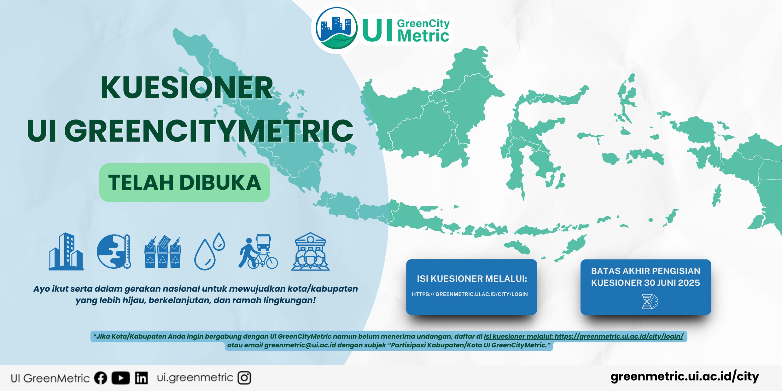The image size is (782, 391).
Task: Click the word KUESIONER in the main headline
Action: click(x=187, y=88)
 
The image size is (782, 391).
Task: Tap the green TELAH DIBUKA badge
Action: click(x=185, y=183)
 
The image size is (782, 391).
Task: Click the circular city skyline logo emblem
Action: click(x=337, y=28)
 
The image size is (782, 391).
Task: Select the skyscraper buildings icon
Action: click(x=66, y=252)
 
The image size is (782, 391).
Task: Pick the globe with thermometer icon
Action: click(x=114, y=251)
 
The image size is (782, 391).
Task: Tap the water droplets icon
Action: click(x=209, y=251)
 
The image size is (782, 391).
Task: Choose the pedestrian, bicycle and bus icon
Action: click(x=258, y=251)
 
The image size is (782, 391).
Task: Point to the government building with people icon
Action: click(x=311, y=252)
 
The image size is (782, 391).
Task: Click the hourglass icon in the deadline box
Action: click(x=650, y=301)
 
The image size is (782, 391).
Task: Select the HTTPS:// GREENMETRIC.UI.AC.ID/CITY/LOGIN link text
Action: click(x=470, y=294)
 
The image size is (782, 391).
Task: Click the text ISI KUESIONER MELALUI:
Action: click(x=472, y=279)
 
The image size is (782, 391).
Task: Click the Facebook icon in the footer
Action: click(x=101, y=378)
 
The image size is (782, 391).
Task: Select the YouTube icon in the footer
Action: click(x=120, y=378)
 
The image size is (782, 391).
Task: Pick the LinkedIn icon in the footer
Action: click(x=141, y=378)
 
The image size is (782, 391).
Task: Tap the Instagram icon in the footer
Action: click(x=244, y=378)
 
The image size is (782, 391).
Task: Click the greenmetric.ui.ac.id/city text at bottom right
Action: click(x=685, y=377)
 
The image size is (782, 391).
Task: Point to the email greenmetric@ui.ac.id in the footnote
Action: click(x=300, y=345)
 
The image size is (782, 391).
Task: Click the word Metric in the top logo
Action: click(x=423, y=35)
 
